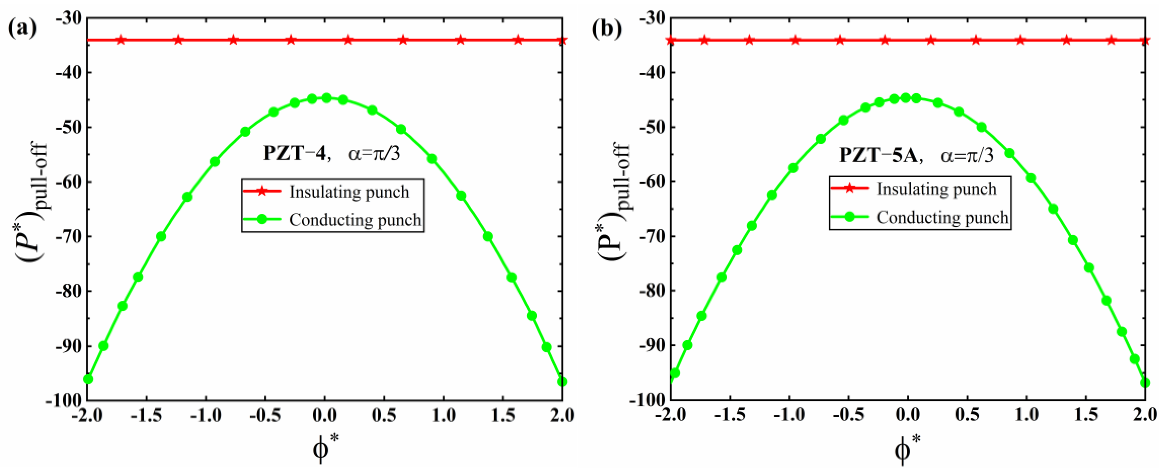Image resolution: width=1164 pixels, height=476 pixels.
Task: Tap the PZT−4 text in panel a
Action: [x=295, y=154]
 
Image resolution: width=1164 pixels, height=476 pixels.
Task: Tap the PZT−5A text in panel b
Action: [x=878, y=155]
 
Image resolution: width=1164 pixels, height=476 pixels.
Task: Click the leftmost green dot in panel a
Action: [x=88, y=379]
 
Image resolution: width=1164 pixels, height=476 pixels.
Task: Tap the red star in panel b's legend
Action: [x=849, y=188]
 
